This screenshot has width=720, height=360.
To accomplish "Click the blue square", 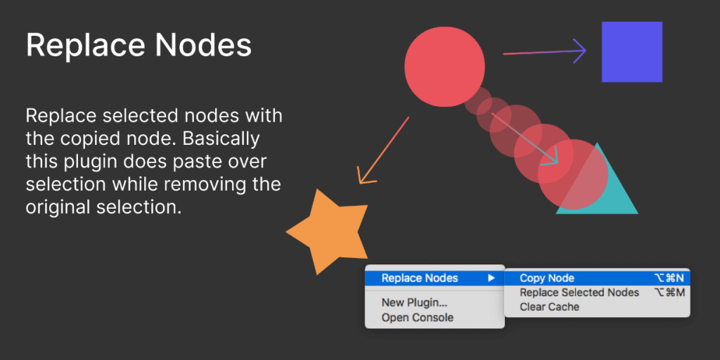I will [631, 52].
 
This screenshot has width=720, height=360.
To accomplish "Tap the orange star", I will [329, 231].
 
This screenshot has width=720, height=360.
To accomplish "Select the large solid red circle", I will [445, 67].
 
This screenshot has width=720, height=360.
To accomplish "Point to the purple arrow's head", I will [581, 50].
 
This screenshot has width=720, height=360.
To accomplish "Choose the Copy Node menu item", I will [547, 278].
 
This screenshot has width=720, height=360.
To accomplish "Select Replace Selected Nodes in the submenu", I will [579, 292].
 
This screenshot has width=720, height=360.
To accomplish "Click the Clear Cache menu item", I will [549, 307].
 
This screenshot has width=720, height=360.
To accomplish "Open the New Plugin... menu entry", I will [414, 303].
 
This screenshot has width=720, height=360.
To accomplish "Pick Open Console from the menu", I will [417, 318].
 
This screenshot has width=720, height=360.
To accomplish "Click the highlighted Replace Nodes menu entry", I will [420, 278].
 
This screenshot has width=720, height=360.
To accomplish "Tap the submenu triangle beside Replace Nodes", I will [491, 278].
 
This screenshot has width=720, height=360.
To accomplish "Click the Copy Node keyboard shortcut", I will [669, 278].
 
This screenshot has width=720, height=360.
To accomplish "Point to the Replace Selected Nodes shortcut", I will [669, 292].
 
